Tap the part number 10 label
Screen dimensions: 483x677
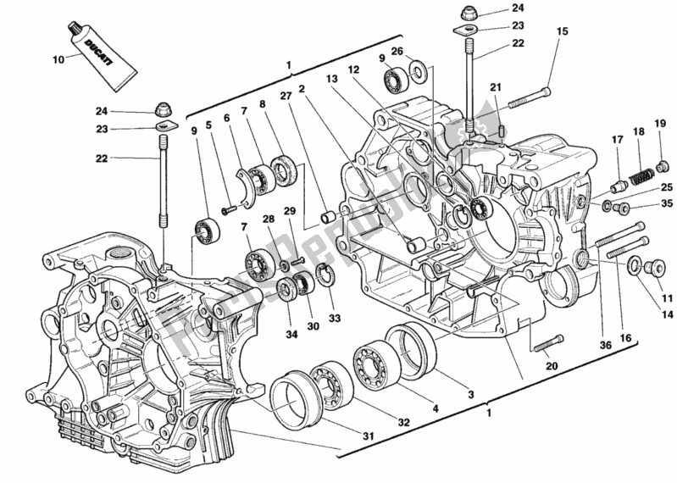click(x=58, y=60)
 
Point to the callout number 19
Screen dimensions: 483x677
click(x=660, y=124)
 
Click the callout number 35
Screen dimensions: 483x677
click(x=665, y=203)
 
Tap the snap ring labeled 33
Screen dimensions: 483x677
click(x=323, y=272)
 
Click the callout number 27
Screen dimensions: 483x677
click(x=286, y=96)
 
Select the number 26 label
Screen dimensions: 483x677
click(x=397, y=50)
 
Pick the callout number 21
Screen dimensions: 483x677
click(x=496, y=87)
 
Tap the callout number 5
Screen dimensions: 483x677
click(x=208, y=125)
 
